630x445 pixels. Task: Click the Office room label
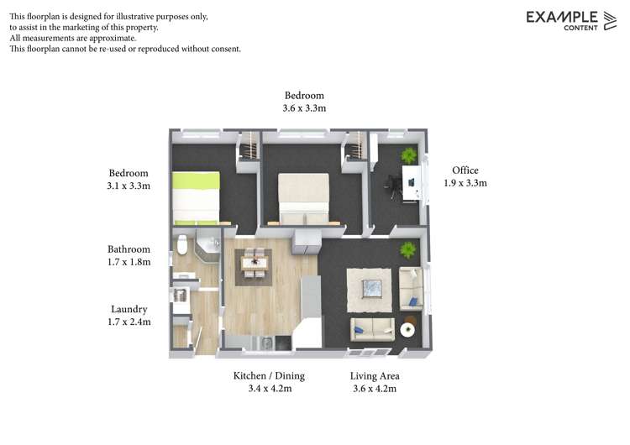[465, 170]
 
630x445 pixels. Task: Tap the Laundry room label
[129, 309]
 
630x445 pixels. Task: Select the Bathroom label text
[129, 249]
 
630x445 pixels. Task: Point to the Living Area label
[375, 376]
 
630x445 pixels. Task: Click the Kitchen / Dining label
[269, 376]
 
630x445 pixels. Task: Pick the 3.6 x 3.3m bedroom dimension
[304, 108]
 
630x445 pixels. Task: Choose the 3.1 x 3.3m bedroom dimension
[129, 186]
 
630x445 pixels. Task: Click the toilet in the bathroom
[182, 244]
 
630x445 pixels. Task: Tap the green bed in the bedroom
[196, 198]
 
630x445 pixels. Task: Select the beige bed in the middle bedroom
[304, 199]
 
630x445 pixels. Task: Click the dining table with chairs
[254, 263]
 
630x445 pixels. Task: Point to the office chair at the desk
[393, 186]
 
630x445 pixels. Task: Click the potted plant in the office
[408, 155]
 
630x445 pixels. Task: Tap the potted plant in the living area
[407, 250]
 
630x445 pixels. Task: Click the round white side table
[407, 330]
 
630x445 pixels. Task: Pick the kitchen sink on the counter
[267, 343]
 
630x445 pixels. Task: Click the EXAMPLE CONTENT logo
[571, 20]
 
